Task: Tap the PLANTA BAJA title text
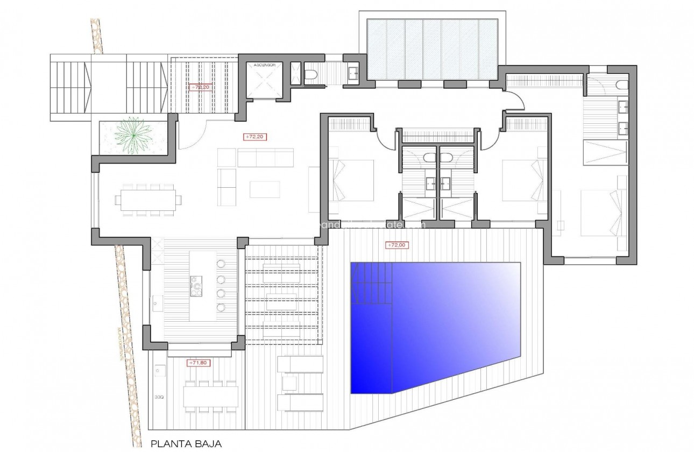click(186, 444)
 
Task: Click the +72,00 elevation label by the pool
click(397, 245)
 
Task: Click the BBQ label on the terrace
click(159, 399)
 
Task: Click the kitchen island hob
click(195, 285)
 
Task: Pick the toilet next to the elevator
click(310, 76)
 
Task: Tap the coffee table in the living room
click(265, 189)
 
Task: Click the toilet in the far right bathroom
click(621, 84)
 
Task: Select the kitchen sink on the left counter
click(155, 304)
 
